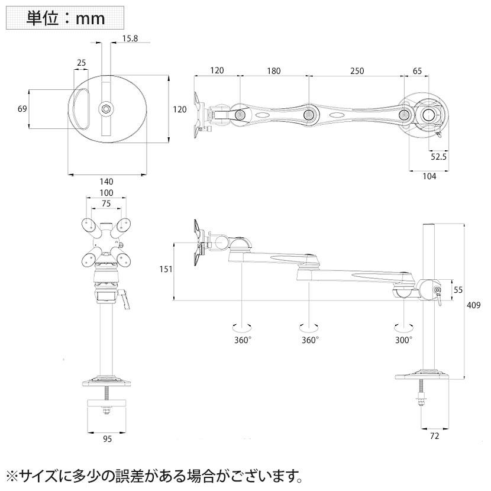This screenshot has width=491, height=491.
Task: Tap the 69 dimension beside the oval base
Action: [22, 109]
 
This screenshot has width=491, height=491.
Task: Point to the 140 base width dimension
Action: [106, 182]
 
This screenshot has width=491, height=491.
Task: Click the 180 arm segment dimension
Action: [273, 71]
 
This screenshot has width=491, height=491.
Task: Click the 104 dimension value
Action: [429, 177]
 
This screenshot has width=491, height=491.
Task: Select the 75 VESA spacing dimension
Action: [106, 203]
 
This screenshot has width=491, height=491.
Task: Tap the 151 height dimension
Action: [166, 269]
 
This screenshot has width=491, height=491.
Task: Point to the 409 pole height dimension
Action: [473, 306]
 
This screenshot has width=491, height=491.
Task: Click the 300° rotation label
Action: [405, 340]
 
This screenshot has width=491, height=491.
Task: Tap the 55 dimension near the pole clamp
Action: [458, 289]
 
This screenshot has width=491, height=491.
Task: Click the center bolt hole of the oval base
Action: [105, 108]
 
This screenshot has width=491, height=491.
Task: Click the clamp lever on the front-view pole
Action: [125, 299]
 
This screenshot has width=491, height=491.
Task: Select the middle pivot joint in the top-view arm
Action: [308, 114]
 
